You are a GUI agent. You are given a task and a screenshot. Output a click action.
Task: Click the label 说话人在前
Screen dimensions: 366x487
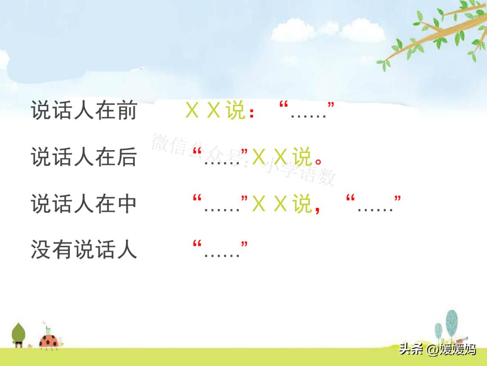[x=83, y=111]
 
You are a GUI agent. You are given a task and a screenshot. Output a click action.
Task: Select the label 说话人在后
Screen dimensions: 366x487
[x=83, y=158]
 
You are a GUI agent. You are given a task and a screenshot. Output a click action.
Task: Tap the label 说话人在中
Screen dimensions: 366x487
[x=83, y=204]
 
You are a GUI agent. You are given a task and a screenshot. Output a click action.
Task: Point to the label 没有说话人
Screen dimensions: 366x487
[x=83, y=250]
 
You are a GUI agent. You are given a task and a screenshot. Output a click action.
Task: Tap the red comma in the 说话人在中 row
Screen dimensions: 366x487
[x=318, y=209]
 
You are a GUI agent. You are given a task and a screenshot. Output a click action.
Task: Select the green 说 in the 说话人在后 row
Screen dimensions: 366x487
[x=302, y=158]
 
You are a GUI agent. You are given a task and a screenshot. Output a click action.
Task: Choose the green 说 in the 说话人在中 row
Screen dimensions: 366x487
[x=302, y=204]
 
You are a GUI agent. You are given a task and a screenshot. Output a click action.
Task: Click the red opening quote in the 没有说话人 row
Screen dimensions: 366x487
[x=197, y=244]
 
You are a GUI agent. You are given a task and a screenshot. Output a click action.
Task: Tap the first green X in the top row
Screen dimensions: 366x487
[x=192, y=111]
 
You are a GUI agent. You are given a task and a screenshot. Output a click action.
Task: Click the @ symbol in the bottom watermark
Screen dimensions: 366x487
[x=432, y=350]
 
